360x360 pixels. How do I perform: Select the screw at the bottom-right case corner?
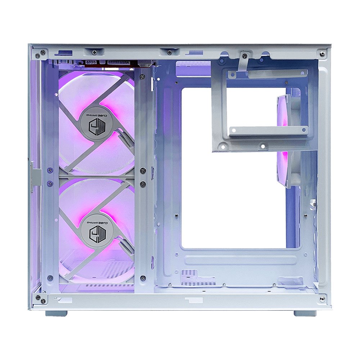tap(322, 299)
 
